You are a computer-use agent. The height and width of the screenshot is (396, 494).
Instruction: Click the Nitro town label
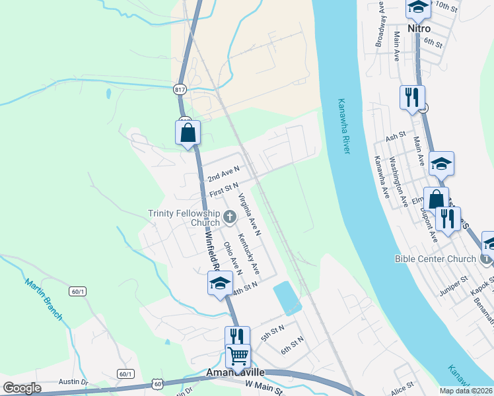(x=419, y=29)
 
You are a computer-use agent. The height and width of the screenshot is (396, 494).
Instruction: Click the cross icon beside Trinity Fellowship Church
(x=230, y=216)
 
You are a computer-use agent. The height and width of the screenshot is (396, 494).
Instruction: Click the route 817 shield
(x=181, y=89)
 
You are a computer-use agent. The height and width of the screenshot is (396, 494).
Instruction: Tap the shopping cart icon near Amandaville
(x=238, y=356)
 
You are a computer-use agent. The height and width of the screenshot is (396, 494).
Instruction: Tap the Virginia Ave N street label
(x=250, y=214)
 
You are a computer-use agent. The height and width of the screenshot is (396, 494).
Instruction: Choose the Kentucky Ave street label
(x=248, y=255)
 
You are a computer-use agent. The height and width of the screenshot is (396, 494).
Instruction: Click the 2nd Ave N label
(x=223, y=174)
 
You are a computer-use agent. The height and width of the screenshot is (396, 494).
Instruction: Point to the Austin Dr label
(x=73, y=381)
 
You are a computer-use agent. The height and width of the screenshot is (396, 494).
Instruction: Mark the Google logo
(x=22, y=387)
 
